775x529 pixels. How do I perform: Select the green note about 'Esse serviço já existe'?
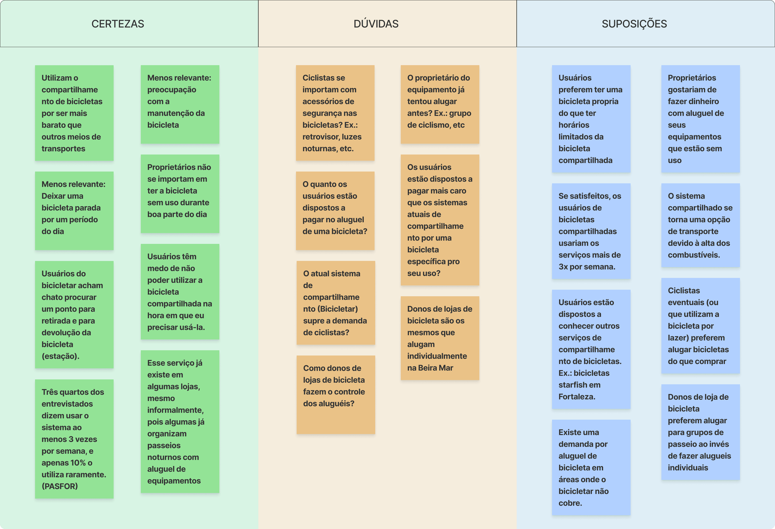180,421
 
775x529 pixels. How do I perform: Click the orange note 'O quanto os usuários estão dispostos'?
335,211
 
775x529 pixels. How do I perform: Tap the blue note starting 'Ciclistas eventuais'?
700,326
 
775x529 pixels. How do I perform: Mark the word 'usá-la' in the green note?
194,327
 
